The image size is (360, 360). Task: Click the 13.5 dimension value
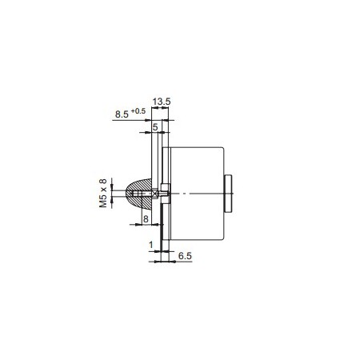[161, 102]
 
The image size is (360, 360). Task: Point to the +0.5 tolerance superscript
[139, 111]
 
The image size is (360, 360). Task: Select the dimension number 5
[154, 126]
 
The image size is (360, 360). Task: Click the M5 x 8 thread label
[102, 193]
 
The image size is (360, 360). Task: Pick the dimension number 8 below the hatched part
[146, 218]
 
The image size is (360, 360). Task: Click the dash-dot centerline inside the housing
[184, 193]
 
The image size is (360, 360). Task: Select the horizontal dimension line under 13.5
[161, 108]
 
